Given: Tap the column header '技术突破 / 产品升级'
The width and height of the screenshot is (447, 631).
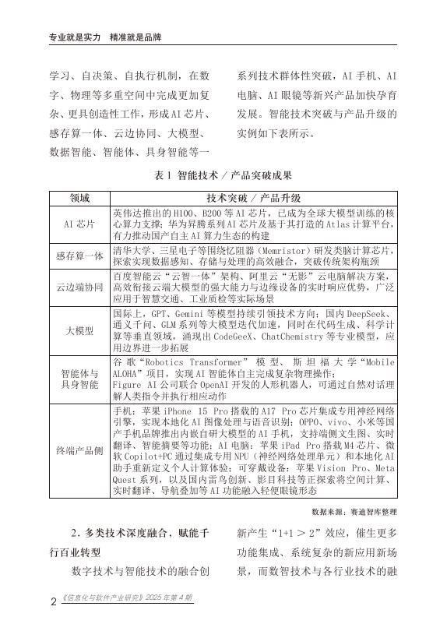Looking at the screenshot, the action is coord(254,199).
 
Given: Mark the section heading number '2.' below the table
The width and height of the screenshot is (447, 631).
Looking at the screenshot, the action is coord(74,533).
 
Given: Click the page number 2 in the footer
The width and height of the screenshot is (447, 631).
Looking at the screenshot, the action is coord(52,601).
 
